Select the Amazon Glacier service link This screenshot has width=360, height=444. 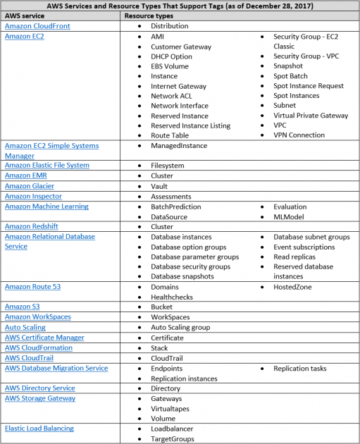29,186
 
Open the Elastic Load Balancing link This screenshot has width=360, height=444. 39,428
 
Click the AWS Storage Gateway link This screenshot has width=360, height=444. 39,398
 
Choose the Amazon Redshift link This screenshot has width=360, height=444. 31,227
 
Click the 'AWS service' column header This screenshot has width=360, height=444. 25,15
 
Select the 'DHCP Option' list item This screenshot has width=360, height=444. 171,56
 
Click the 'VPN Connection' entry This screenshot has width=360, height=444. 299,135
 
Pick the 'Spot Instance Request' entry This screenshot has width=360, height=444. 309,86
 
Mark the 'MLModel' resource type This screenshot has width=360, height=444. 290,217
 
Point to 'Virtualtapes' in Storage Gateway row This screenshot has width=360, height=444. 172,408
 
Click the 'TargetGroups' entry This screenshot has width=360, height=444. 173,438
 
